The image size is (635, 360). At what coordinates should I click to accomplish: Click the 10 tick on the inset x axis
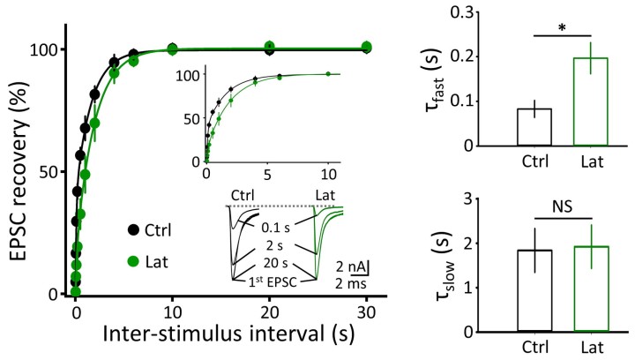tap(327, 174)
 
